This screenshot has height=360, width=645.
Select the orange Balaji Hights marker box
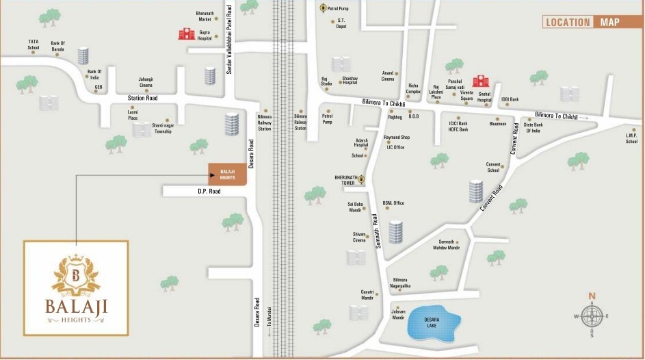point(227,174)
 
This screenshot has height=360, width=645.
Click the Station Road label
point(142,98)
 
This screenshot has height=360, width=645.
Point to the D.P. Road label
point(206,192)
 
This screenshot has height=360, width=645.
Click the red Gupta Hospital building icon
point(187,33)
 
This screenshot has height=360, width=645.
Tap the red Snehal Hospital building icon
point(481,81)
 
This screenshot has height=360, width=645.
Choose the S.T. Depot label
point(341,23)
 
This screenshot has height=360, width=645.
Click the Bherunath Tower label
point(346,179)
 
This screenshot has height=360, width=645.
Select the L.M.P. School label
point(631,138)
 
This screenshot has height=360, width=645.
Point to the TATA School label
point(34,44)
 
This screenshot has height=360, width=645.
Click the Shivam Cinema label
point(358,237)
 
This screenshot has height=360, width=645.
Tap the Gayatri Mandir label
point(367,295)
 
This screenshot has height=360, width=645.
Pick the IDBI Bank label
point(510,99)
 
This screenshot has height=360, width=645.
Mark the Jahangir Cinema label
point(146,82)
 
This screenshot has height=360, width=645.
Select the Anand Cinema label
point(388,76)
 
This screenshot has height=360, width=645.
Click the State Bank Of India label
point(532,128)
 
